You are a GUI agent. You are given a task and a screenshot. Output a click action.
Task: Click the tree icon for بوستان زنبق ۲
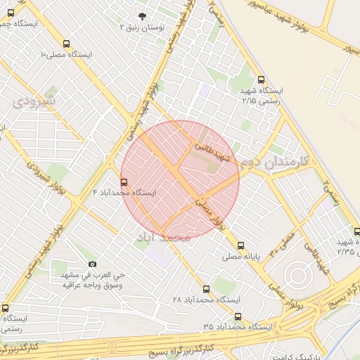(143, 16)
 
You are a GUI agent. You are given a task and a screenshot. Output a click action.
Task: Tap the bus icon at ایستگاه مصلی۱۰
(66, 44)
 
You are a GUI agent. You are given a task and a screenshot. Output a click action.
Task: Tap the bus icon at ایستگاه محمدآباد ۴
(124, 182)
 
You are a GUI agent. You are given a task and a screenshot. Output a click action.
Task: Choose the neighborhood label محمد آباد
(163, 238)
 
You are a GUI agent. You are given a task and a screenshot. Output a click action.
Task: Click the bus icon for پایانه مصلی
(241, 246)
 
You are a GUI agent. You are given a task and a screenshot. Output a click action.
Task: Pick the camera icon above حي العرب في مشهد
(92, 264)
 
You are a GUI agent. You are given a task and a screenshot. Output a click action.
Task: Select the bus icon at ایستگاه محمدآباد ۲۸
(206, 289)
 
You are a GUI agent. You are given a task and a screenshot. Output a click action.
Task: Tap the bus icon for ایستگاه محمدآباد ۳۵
(238, 317)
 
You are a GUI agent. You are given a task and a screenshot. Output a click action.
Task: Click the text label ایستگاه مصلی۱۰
(67, 54)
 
